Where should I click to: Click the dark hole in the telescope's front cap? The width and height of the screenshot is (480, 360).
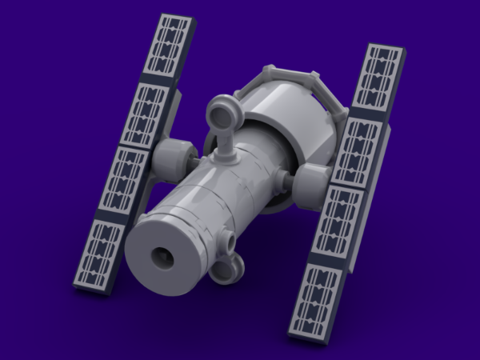[164, 258]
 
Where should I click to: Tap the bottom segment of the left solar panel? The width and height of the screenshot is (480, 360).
[101, 254]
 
